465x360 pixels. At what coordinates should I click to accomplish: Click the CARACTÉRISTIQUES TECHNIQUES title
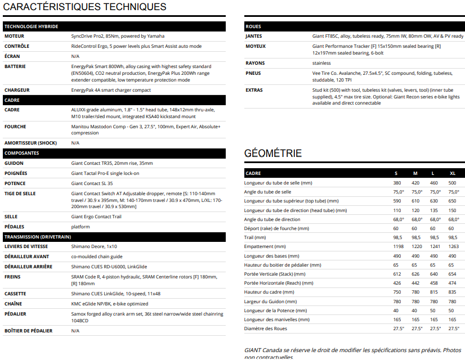(85, 7)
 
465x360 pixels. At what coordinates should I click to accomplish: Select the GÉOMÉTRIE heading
(273, 154)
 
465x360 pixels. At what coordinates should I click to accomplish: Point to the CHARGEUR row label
(17, 90)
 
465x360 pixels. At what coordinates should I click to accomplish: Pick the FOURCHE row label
(15, 127)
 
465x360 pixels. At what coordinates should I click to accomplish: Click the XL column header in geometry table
(453, 173)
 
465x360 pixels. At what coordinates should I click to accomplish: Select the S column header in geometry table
(396, 173)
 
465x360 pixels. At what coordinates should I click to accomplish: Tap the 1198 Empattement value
(399, 246)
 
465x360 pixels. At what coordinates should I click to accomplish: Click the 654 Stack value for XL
(453, 274)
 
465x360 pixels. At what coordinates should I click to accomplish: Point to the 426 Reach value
(397, 283)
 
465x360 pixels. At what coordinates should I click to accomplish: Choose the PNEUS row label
(253, 73)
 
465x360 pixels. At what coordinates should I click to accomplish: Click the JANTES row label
(254, 36)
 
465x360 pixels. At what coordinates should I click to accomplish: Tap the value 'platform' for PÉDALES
(81, 227)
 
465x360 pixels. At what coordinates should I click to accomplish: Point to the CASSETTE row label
(16, 294)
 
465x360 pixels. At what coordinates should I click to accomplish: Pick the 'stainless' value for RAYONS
(322, 63)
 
